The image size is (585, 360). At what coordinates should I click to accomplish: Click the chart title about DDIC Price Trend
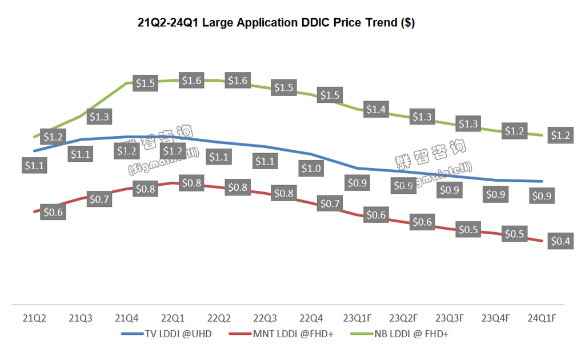click(276, 23)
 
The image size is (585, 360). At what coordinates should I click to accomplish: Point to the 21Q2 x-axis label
click(34, 318)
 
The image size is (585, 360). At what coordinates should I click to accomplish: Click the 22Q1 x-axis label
click(172, 318)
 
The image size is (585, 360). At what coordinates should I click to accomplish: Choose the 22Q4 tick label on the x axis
click(311, 318)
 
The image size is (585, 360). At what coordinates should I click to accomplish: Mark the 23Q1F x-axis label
click(357, 318)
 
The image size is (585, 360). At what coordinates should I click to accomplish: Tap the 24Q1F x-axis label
click(542, 318)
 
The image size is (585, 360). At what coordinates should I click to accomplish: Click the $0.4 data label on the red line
click(560, 241)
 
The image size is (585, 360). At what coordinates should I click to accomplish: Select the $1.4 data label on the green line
click(375, 109)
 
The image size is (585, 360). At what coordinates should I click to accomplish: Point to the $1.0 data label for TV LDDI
click(311, 168)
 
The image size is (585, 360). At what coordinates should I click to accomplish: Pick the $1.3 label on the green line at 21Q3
click(99, 117)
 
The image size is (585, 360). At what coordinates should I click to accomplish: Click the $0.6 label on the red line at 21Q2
click(53, 213)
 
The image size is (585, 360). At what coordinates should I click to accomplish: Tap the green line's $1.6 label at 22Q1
click(191, 81)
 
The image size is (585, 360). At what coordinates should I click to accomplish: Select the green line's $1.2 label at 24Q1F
click(560, 135)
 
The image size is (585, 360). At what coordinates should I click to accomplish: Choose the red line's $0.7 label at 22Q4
click(330, 203)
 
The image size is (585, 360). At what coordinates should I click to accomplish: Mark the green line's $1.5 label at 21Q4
click(145, 83)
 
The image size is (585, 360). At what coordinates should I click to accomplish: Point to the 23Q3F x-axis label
click(450, 318)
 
